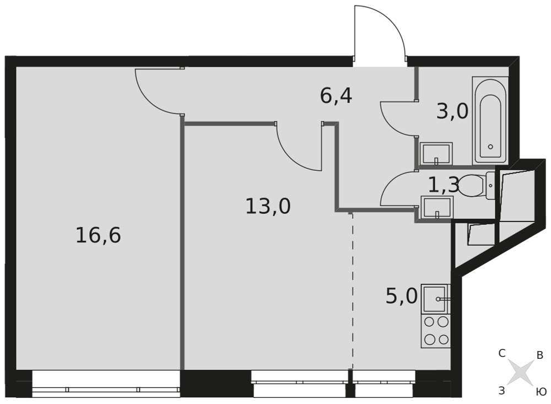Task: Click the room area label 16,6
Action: point(99,235)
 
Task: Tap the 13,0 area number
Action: point(268,206)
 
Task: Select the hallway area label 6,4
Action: point(336,96)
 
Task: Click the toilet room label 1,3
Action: point(444,185)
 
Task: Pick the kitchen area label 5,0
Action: point(402,296)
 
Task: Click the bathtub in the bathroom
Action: point(490,121)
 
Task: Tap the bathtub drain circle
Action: point(490,147)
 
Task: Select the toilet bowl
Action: point(477,186)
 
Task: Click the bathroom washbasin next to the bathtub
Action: point(436,154)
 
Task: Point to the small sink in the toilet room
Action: point(437,207)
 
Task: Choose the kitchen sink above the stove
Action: point(436,299)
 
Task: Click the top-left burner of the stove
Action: point(429,321)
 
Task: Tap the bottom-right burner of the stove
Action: point(444,340)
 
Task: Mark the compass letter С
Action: point(502,353)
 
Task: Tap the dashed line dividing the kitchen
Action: point(352,290)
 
